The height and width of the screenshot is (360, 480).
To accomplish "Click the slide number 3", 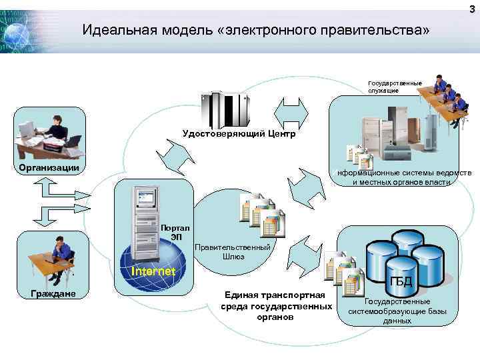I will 471,7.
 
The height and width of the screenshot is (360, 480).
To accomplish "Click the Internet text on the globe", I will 153,271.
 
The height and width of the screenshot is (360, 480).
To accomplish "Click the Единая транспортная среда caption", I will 275,305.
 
